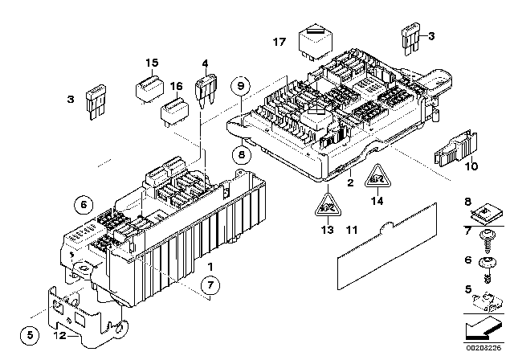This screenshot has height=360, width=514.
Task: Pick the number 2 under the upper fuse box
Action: (349, 184)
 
